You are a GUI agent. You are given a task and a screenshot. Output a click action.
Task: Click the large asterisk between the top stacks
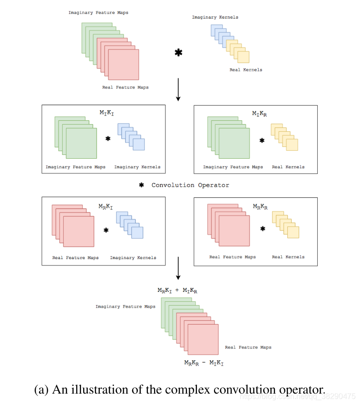[x=178, y=53]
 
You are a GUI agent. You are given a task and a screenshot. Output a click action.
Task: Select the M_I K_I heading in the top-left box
[x=106, y=112]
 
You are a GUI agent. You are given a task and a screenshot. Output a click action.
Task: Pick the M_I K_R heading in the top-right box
[x=259, y=114]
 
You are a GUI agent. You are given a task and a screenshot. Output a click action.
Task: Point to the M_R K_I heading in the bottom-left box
[x=106, y=206]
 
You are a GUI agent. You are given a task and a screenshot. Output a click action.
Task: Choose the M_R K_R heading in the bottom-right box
[x=260, y=206]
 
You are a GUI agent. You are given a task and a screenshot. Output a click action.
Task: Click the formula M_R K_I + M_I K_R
[x=177, y=290]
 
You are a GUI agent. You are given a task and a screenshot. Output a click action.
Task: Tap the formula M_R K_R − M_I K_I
[x=204, y=362]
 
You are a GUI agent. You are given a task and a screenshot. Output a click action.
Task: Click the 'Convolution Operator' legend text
[x=190, y=185]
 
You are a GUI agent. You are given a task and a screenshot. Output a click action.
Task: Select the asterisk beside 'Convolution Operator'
[x=141, y=185]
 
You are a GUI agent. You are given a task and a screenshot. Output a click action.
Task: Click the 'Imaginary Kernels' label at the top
[x=215, y=17]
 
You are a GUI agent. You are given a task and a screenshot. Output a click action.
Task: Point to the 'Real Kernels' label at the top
[x=245, y=70]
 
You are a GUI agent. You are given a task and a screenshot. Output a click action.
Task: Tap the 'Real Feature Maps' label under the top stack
[x=125, y=87]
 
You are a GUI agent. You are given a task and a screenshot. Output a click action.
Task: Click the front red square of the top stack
[x=124, y=65]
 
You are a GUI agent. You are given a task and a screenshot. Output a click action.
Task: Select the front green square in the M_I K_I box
[x=81, y=143]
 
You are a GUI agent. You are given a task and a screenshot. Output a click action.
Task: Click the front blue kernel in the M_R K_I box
[x=137, y=232]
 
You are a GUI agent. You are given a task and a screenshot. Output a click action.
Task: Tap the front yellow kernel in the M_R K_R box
[x=293, y=232]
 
